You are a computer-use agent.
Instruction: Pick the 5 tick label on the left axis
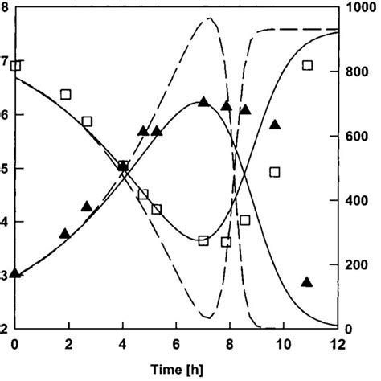[x=5, y=168]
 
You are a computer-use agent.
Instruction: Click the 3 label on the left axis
[x=5, y=275]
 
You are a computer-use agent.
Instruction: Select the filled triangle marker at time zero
[x=15, y=274]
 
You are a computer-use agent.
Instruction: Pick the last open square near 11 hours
[x=307, y=65]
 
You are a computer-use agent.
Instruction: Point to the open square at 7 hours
[x=203, y=240]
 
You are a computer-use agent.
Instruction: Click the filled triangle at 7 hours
[x=203, y=102]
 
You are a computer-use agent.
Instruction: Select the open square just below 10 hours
[x=275, y=172]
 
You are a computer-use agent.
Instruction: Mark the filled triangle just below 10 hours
[x=275, y=125]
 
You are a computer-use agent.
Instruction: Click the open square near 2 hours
[x=66, y=94]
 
